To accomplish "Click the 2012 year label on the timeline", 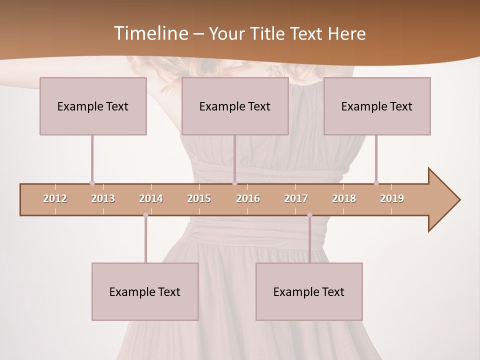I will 55,198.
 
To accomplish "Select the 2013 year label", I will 103,198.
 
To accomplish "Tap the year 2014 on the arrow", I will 151,198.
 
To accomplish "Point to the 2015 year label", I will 199,198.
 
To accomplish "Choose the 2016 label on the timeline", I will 248,198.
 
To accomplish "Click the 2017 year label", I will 296,198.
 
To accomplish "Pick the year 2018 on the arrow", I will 344,198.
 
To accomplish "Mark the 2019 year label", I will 392,198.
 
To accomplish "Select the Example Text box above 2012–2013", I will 93,106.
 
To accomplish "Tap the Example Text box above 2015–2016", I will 235,106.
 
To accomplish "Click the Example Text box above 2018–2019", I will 377,106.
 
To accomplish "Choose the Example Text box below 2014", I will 145,291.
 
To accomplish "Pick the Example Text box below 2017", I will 309,291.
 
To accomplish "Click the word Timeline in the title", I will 150,33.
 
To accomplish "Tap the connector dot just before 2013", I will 92,183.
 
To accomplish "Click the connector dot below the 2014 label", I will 145,215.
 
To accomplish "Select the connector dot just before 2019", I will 376,183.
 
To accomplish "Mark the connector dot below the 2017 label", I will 309,215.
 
